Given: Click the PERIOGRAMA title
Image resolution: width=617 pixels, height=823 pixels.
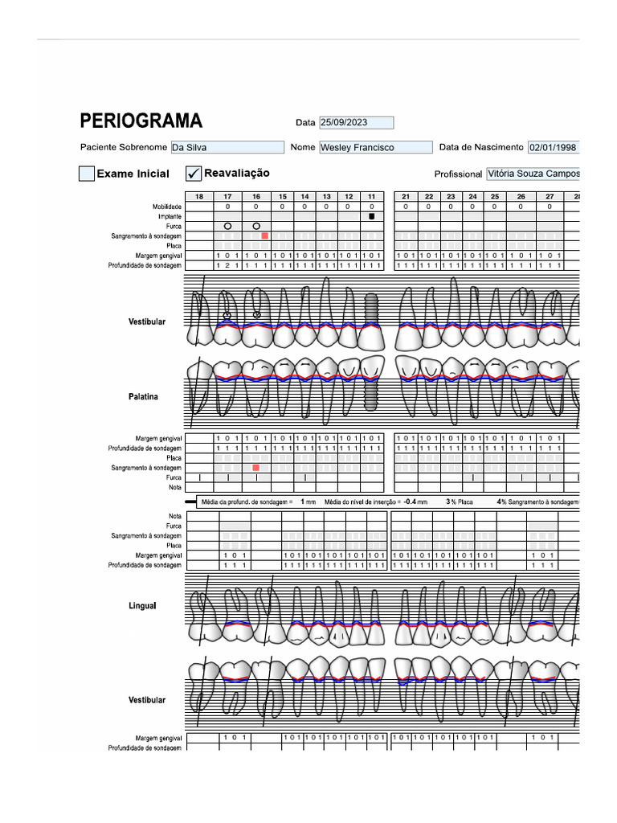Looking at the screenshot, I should [141, 121].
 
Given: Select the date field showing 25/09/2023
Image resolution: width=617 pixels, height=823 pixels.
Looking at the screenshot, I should [356, 123].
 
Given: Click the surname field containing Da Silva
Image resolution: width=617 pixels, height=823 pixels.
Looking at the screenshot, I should [227, 148].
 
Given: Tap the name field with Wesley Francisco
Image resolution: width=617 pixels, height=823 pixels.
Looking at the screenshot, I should [374, 148].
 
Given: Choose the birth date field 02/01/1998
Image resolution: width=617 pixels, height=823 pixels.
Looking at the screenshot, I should [553, 148].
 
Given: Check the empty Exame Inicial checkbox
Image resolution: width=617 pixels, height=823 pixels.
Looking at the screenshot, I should [87, 174].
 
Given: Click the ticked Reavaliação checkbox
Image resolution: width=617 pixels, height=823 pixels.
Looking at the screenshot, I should [194, 174].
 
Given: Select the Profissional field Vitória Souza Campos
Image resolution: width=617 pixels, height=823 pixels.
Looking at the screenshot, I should [533, 174].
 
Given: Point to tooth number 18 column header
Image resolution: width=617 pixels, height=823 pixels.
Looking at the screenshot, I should [198, 197].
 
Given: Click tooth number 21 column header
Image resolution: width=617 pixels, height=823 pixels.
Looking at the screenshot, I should [406, 197].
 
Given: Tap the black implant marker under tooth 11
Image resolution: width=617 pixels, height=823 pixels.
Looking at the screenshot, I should [371, 217].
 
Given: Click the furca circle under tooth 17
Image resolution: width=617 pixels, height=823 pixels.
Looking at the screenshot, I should [227, 227].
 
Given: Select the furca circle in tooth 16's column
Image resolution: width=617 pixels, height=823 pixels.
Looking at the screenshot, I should [256, 227].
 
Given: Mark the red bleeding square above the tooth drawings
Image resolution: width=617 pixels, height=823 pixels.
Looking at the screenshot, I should [264, 236].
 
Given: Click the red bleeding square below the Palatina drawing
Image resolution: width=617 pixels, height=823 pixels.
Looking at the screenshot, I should [256, 468].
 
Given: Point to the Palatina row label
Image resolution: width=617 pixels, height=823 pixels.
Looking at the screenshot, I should [143, 397].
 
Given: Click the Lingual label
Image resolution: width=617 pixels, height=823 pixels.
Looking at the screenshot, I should [142, 606].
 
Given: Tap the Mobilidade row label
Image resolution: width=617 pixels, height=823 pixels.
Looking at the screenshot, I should [166, 207].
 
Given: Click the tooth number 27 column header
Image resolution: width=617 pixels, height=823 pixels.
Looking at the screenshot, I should [550, 197].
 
